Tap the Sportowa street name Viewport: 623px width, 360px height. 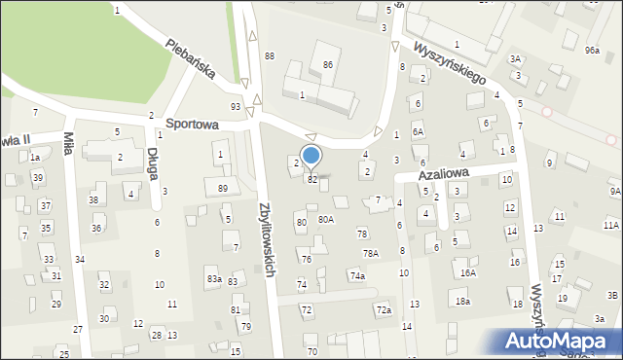191,125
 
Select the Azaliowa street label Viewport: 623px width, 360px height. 445,172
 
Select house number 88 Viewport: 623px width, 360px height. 269,56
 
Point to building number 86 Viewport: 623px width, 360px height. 329,64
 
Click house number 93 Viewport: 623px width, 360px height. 236,106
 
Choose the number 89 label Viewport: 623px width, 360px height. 223,188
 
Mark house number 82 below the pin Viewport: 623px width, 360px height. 312,180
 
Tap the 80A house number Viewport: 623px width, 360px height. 326,220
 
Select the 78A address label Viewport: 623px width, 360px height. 371,253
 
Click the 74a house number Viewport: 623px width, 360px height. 358,276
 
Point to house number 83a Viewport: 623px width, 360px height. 214,279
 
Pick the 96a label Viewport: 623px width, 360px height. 592,49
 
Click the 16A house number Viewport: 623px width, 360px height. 468,273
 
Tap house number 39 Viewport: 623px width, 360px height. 37,177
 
